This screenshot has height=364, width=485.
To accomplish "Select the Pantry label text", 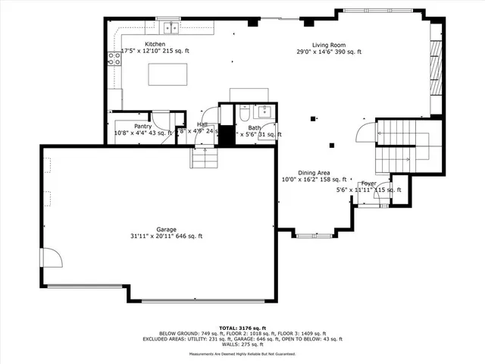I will click(x=143, y=126).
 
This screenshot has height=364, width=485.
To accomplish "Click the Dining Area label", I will click(x=312, y=172).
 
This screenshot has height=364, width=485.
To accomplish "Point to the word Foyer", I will click(x=368, y=184).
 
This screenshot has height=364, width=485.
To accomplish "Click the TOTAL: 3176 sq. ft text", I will click(x=242, y=327).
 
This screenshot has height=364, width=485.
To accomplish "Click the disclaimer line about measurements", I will click(x=242, y=354).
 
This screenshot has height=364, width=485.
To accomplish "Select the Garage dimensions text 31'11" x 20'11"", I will click(x=166, y=236).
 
